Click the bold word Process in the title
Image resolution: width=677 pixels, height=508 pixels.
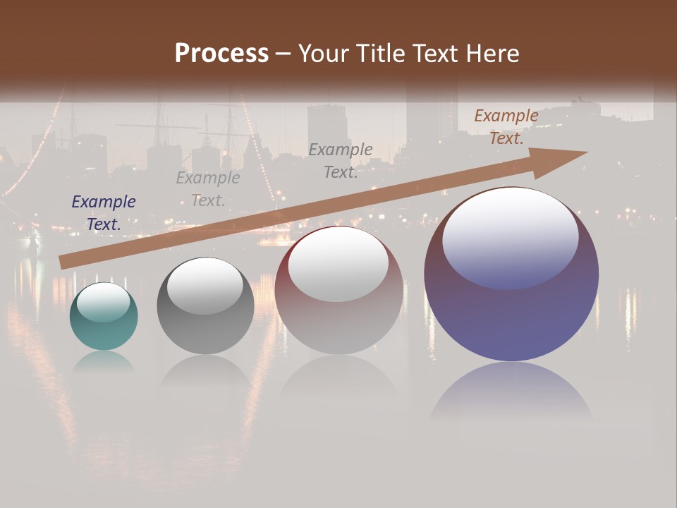click(x=221, y=54)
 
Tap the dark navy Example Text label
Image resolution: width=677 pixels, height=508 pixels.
click(x=104, y=213)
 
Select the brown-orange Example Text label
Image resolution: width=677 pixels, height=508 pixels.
click(x=506, y=127)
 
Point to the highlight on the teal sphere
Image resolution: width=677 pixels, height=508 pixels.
click(x=103, y=302)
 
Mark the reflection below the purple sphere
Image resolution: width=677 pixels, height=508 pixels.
click(x=511, y=392)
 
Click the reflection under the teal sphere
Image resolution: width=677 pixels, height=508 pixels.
click(x=104, y=362)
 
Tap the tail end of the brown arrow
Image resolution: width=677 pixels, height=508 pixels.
click(x=65, y=262)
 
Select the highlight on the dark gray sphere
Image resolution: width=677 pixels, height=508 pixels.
click(x=205, y=286)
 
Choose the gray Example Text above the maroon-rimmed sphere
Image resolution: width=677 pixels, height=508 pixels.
click(x=341, y=161)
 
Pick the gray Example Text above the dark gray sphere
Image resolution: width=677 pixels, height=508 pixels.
click(x=208, y=189)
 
